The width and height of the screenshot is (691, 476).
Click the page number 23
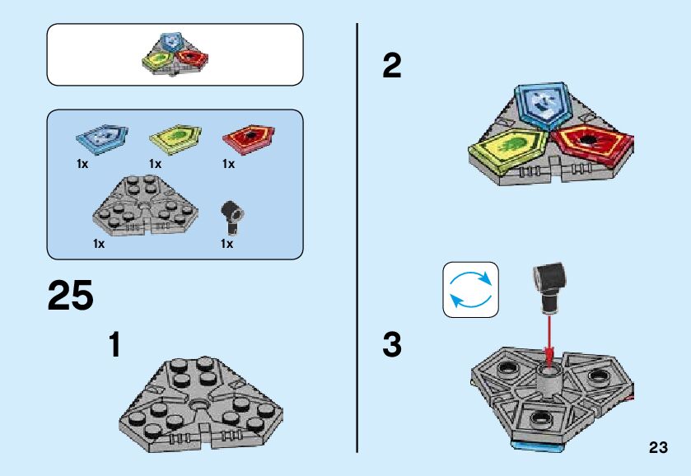point(657,447)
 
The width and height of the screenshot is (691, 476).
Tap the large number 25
point(71,296)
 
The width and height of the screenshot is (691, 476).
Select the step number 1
point(115,344)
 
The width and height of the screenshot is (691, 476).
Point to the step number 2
point(392,66)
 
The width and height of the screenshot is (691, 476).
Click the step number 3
point(392,344)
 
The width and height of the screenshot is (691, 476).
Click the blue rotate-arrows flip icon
point(470,290)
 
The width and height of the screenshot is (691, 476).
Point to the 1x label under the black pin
point(226,244)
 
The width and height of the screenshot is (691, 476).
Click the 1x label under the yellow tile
point(155,164)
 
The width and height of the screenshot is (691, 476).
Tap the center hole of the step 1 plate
point(201,405)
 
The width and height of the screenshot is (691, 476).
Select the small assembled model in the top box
point(175,55)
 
